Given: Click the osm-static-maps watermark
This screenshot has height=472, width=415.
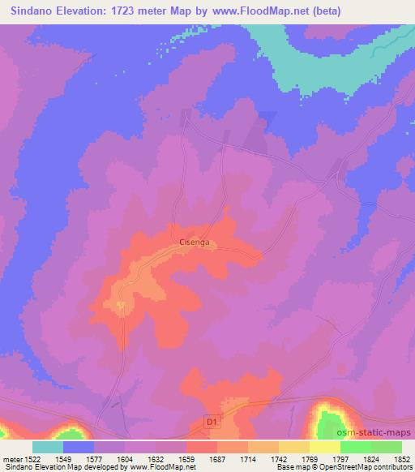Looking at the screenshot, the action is tap(379, 434).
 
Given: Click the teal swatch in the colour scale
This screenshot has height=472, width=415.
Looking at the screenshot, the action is tap(48, 446).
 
